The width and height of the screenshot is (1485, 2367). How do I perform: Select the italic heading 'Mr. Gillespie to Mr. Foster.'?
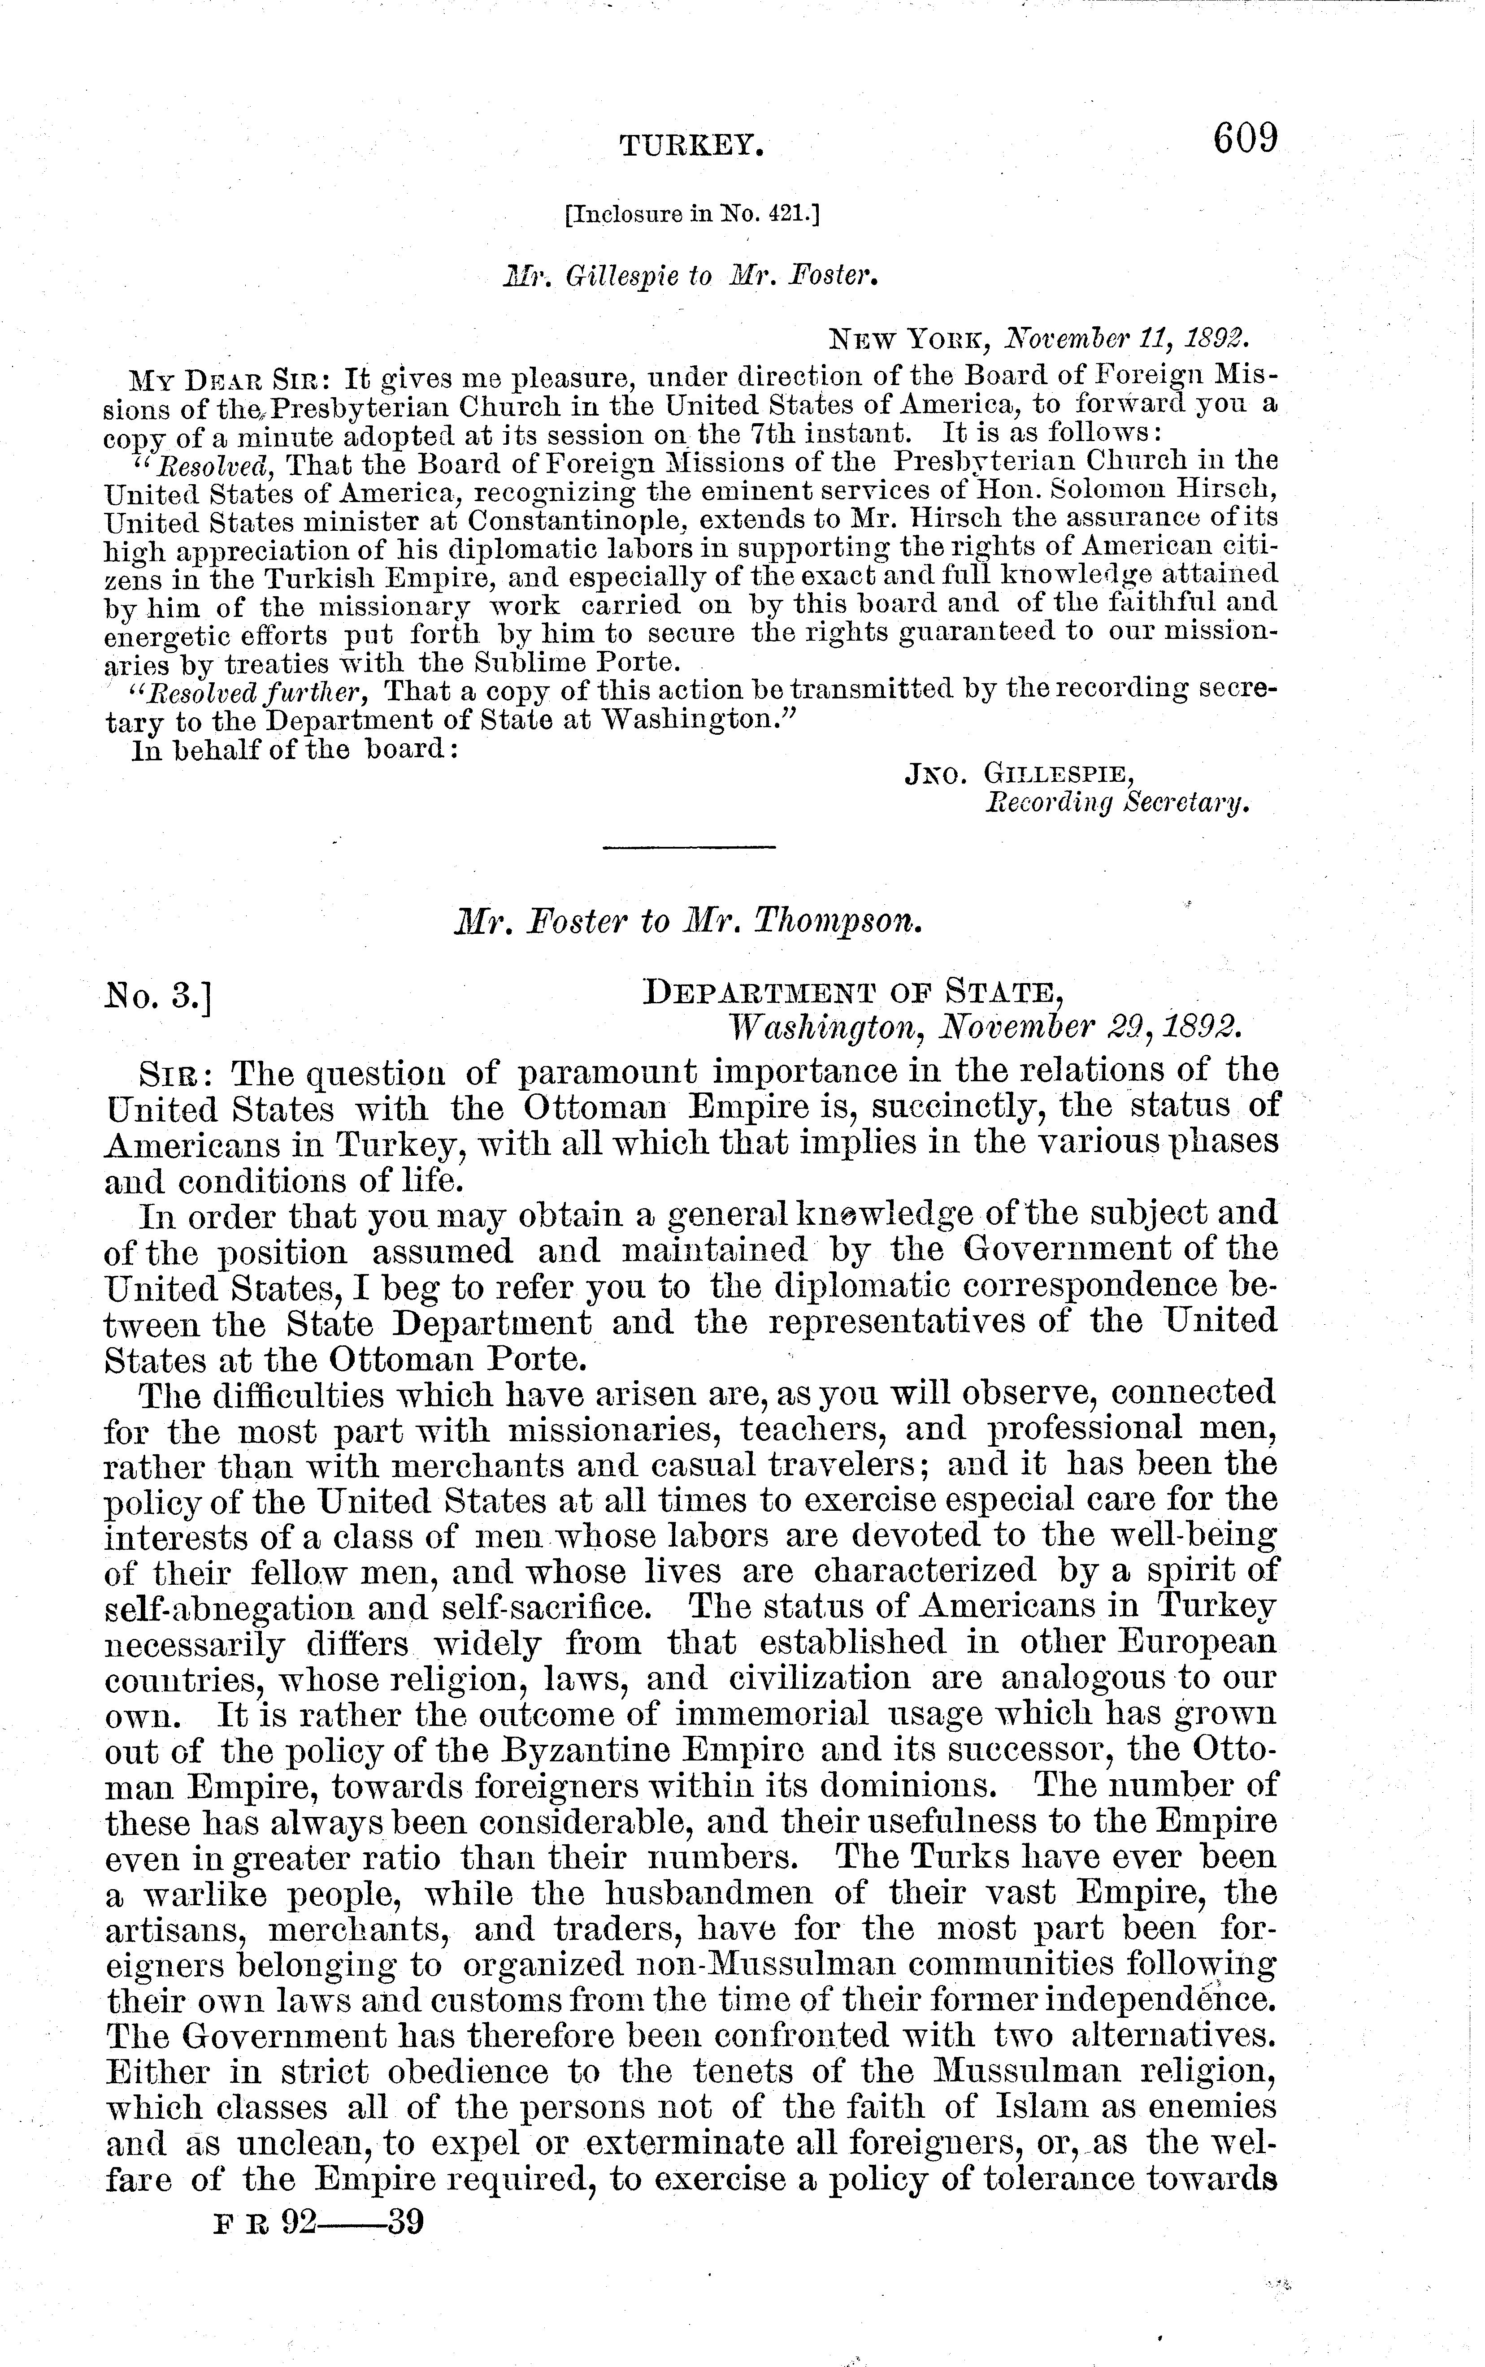690,277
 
